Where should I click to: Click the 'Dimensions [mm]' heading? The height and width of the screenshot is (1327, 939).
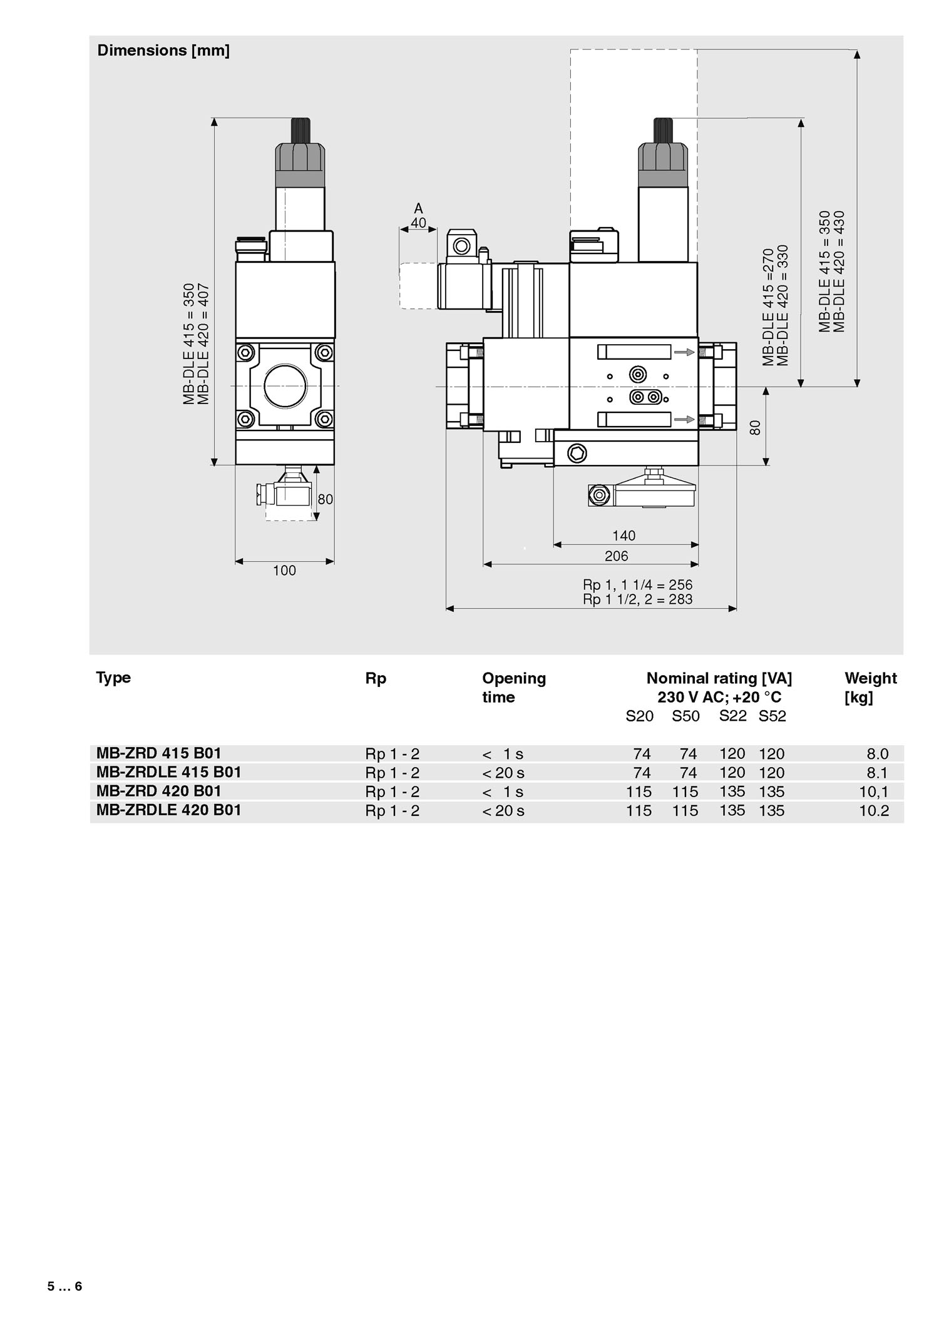point(163,51)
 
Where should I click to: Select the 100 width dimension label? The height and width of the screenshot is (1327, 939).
point(284,571)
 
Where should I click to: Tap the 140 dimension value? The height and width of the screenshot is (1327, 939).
point(623,536)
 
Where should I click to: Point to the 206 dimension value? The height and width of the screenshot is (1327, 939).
point(616,556)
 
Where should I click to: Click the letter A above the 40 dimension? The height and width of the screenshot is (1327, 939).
point(419,209)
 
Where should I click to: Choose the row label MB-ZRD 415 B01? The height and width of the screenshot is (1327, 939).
point(159,753)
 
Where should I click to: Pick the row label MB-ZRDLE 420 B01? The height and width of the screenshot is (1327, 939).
point(168,810)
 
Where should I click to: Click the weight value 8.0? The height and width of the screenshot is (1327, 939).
point(877,754)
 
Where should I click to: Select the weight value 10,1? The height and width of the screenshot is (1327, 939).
point(873,792)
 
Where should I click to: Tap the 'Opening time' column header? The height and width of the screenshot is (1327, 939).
point(513,688)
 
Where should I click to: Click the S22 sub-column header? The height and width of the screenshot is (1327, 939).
point(732,716)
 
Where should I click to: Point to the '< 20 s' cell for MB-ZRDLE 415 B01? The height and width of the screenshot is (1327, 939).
point(503,773)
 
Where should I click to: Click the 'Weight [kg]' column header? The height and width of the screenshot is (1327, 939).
point(870,688)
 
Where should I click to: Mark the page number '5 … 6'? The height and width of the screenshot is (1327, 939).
point(64,1286)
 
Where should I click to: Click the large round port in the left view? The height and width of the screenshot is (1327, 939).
point(285,386)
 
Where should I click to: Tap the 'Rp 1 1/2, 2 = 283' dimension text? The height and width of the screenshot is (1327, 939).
point(637,599)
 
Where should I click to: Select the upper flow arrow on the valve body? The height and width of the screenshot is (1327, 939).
point(684,352)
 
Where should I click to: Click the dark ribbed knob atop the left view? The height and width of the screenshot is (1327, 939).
point(300,132)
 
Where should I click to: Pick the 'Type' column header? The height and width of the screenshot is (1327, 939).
point(113,678)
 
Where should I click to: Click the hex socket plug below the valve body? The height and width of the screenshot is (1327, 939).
point(577,453)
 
